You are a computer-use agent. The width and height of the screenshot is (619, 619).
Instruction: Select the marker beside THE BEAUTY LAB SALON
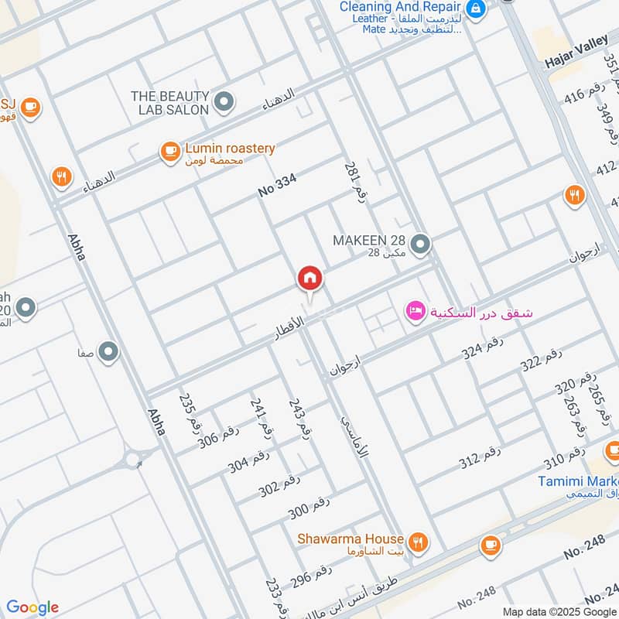(224, 101)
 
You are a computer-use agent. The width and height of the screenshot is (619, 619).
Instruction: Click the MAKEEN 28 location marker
(420, 245)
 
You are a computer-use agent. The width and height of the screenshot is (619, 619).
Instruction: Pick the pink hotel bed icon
(415, 312)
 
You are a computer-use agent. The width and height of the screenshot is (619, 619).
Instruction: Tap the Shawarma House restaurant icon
(418, 542)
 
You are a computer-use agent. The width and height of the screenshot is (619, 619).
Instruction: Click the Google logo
(32, 607)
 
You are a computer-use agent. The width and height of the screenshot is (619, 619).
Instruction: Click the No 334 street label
(278, 185)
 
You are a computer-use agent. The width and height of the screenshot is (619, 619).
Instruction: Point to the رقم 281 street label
(354, 180)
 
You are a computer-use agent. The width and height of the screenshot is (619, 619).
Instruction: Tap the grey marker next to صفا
(108, 353)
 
